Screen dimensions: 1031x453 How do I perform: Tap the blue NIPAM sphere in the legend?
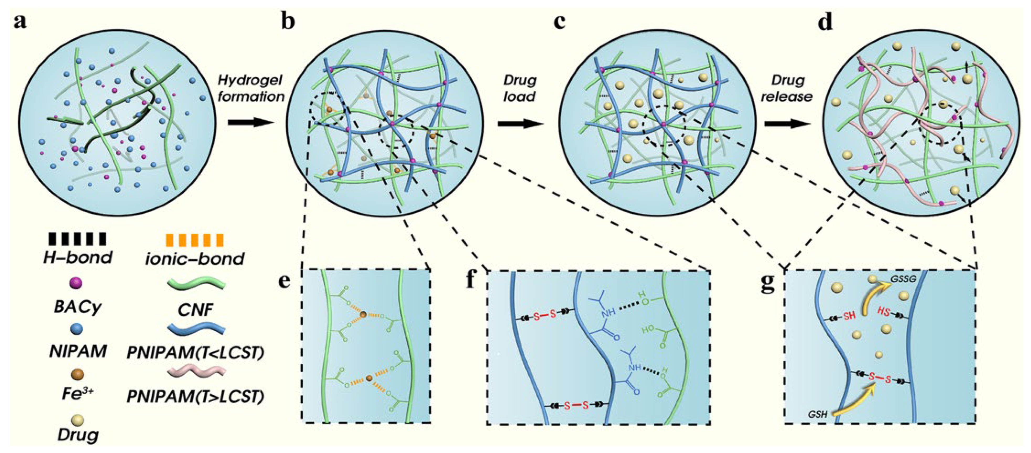coord(76,329)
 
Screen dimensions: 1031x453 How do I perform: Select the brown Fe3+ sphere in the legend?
coord(77,375)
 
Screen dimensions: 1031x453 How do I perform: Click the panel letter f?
coord(472,280)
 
